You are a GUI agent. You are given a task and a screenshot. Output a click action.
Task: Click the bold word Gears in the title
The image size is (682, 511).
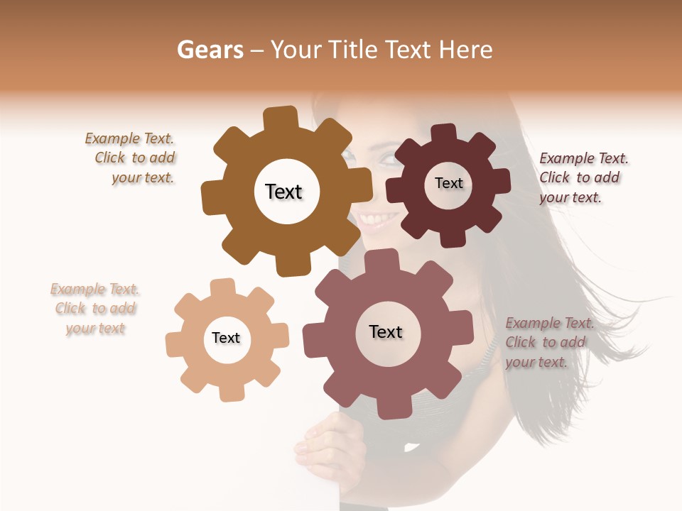coord(210,50)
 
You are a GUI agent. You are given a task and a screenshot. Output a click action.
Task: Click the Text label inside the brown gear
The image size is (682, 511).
coord(283,192)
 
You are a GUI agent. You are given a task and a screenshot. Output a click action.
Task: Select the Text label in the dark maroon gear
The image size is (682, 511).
coord(448,183)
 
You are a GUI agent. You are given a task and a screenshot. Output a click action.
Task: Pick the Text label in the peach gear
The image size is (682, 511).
coord(226,338)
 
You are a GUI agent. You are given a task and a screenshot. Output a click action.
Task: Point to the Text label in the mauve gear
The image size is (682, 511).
coord(386,331)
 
